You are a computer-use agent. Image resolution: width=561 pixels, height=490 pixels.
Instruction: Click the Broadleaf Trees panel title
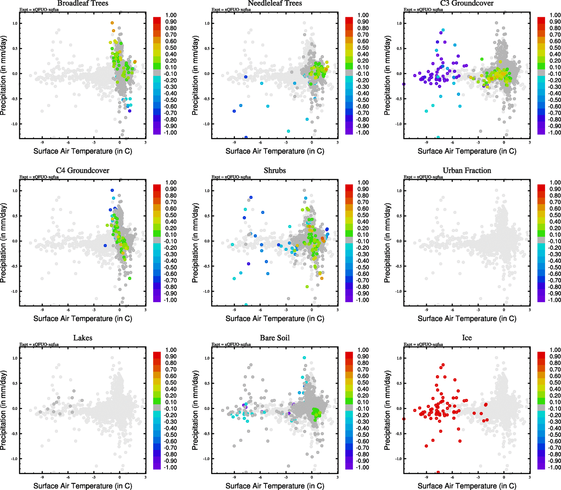[x=83, y=3]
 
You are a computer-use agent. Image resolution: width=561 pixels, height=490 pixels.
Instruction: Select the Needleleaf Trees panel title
[x=275, y=3]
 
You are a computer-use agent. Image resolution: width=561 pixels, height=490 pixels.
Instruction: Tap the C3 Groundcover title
[x=467, y=3]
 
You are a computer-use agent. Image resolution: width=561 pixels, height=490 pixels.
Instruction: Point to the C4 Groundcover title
[x=83, y=171]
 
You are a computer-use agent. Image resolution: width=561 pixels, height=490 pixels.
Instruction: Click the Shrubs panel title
[x=275, y=171]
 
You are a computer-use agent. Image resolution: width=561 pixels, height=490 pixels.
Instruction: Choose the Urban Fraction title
[x=467, y=171]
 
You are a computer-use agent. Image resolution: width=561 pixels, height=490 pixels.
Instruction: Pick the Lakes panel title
[x=83, y=338]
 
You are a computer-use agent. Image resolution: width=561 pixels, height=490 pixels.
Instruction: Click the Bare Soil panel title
[x=275, y=338]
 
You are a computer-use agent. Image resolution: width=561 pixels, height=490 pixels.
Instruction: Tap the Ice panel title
[x=467, y=338]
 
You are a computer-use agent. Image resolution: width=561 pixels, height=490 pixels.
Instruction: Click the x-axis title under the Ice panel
[x=467, y=486]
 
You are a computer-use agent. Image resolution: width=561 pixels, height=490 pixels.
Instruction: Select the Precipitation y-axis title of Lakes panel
[x=4, y=410]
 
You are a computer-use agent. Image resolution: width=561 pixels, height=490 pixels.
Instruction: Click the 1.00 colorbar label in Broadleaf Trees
[x=171, y=15]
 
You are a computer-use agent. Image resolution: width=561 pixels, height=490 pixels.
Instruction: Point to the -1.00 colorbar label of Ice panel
[x=555, y=468]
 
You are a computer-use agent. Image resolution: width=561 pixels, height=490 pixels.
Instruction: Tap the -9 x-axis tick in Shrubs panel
[x=234, y=310]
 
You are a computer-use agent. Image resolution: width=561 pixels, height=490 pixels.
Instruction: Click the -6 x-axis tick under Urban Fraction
[x=452, y=310]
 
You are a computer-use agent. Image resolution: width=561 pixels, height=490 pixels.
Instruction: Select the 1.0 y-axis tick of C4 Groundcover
[x=15, y=191]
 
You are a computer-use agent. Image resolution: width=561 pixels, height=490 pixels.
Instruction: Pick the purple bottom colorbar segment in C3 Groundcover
[x=541, y=131]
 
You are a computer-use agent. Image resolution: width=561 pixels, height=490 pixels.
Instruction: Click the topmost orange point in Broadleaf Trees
[x=112, y=23]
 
